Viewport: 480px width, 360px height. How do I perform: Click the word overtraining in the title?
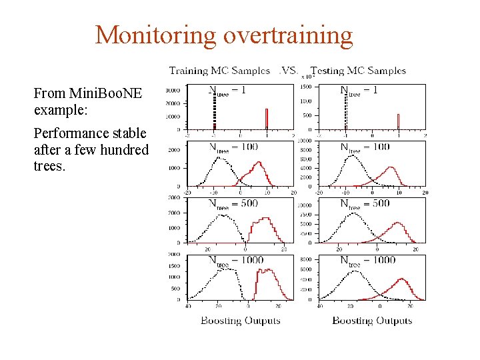click(x=288, y=35)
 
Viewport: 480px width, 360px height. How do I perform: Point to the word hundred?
click(x=126, y=149)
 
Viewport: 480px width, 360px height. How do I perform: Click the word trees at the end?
click(x=49, y=166)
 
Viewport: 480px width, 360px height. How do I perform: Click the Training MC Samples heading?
click(x=219, y=71)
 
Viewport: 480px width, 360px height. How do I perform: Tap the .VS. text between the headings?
click(x=289, y=71)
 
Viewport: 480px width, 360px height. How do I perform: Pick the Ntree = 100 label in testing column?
click(x=365, y=147)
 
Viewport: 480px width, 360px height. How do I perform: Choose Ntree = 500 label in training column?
click(x=233, y=204)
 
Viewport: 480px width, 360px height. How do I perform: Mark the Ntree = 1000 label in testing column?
click(x=367, y=261)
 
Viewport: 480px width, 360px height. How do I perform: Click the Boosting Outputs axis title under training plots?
click(x=240, y=321)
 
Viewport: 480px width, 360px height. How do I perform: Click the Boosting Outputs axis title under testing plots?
click(x=372, y=321)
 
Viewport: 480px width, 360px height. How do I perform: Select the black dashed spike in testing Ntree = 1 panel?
click(x=345, y=110)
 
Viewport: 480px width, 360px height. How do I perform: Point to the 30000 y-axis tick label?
click(x=173, y=90)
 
